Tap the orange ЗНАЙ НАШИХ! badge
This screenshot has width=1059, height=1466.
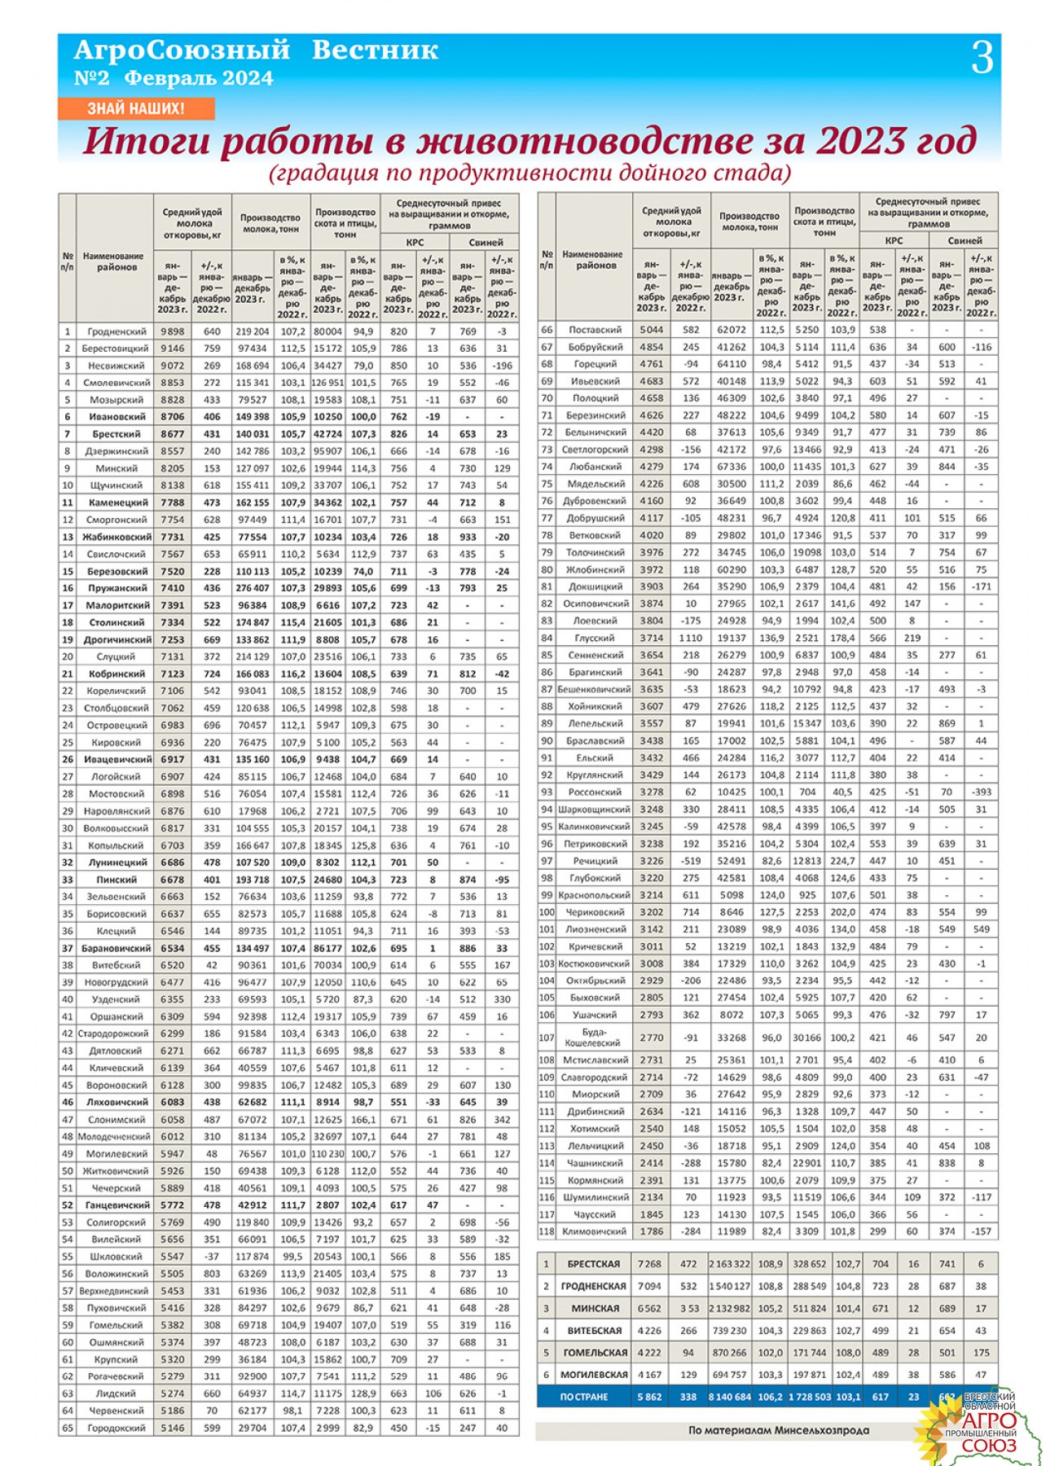pyautogui.click(x=136, y=108)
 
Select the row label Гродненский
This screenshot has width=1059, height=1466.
pyautogui.click(x=117, y=331)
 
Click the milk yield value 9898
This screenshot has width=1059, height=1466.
pyautogui.click(x=173, y=331)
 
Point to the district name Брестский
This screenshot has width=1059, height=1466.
pyautogui.click(x=116, y=434)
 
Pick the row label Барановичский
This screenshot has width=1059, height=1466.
pyautogui.click(x=116, y=948)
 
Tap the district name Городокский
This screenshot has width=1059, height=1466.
pyautogui.click(x=116, y=1428)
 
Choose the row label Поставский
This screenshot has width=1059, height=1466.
pyautogui.click(x=595, y=330)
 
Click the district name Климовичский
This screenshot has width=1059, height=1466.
pyautogui.click(x=595, y=1231)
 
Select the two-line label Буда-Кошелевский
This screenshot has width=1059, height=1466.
pyautogui.click(x=595, y=1038)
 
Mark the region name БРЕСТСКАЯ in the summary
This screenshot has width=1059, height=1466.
pyautogui.click(x=594, y=1264)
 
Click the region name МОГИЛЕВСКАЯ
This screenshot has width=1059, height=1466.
pyautogui.click(x=594, y=1375)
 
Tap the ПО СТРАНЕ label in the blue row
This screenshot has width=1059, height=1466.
pyautogui.click(x=584, y=1397)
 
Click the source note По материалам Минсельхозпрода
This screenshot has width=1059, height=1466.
pyautogui.click(x=778, y=1430)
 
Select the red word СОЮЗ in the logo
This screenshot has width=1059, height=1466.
pyautogui.click(x=989, y=1446)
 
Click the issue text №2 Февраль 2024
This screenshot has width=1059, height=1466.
pyautogui.click(x=174, y=78)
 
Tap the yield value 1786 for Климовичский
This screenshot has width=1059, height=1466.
pyautogui.click(x=651, y=1231)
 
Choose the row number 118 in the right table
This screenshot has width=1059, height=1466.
pyautogui.click(x=547, y=1231)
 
